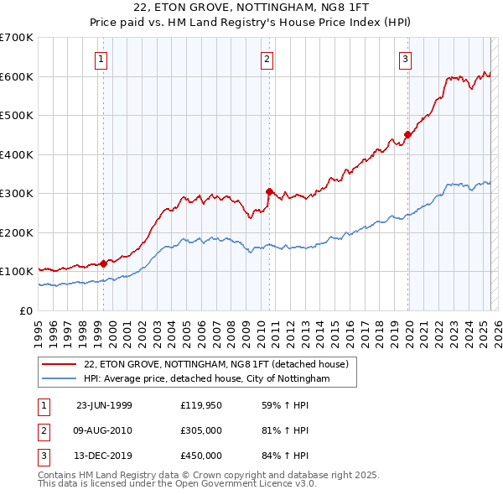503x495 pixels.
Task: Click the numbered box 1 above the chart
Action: [101, 59]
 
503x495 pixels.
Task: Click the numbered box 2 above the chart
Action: [267, 59]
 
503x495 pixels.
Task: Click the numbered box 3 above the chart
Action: [405, 59]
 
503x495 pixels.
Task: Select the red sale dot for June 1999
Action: [103, 263]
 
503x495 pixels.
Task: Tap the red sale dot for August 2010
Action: [269, 191]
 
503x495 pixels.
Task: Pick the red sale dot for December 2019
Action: [407, 134]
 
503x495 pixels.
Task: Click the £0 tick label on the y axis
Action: [26, 311]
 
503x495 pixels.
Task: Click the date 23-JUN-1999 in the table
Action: [104, 405]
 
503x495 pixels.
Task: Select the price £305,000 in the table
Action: [201, 430]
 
